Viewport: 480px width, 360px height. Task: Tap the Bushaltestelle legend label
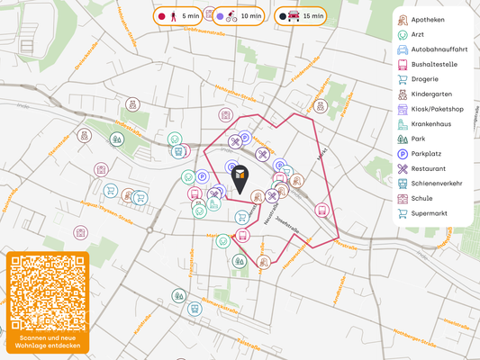(433, 65)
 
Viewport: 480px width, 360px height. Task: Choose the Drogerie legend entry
(425, 79)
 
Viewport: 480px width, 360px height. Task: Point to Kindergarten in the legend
(431, 94)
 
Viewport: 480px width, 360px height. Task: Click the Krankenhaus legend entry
(433, 124)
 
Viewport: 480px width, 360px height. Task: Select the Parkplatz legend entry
(428, 154)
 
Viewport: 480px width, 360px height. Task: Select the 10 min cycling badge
(240, 16)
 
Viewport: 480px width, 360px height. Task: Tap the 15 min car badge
(301, 16)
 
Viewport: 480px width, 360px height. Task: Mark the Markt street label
(322, 155)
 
